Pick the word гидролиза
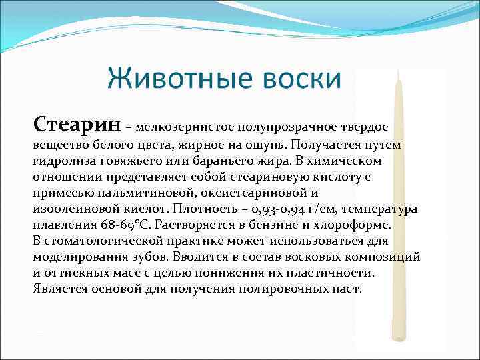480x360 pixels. pos(63,161)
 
